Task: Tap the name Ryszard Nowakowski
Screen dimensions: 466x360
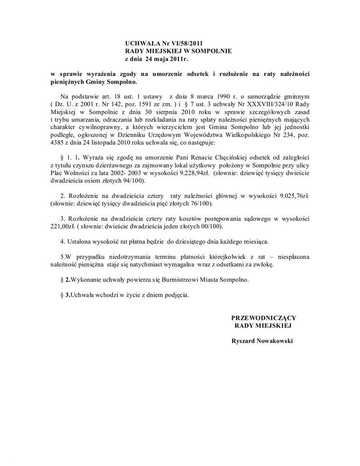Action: pyautogui.click(x=263, y=341)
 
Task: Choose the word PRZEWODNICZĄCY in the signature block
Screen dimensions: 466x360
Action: pyautogui.click(x=264, y=318)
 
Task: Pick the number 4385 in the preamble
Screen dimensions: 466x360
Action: pyautogui.click(x=57, y=143)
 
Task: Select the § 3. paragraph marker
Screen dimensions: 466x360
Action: pyautogui.click(x=65, y=294)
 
